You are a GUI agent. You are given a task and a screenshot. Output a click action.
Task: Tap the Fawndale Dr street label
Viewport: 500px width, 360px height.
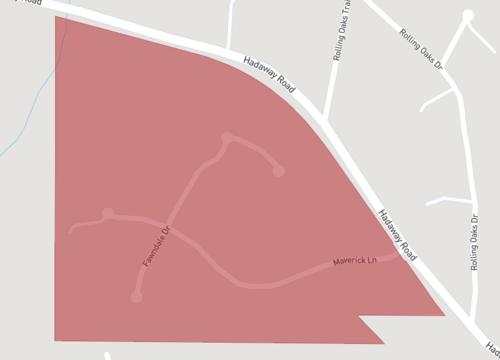click(x=157, y=246)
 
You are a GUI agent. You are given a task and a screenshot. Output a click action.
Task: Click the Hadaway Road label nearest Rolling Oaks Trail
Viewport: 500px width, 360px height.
click(x=269, y=76)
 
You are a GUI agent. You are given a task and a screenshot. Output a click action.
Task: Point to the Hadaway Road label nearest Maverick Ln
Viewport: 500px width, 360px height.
click(x=397, y=235)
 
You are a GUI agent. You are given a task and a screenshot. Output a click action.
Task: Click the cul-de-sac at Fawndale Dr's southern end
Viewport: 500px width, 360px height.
click(x=136, y=297)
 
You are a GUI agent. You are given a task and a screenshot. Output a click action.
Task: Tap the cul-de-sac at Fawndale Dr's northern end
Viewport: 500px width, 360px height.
click(x=227, y=138)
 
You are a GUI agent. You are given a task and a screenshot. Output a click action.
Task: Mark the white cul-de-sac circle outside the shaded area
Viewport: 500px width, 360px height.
click(x=468, y=16)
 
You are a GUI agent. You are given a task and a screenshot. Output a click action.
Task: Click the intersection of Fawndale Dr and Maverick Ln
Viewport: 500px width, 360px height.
click(x=167, y=221)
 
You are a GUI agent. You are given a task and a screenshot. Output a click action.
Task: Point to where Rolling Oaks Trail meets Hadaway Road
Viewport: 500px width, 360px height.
click(x=325, y=119)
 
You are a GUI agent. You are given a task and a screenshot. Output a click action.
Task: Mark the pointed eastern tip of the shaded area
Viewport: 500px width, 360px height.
click(x=443, y=315)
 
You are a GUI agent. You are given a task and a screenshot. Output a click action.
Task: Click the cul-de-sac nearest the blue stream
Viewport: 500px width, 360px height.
click(x=108, y=213)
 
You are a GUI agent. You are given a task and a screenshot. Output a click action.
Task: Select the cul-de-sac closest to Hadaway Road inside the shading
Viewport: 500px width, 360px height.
click(x=279, y=171)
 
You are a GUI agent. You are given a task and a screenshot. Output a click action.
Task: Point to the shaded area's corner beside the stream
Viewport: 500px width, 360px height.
click(x=56, y=17)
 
